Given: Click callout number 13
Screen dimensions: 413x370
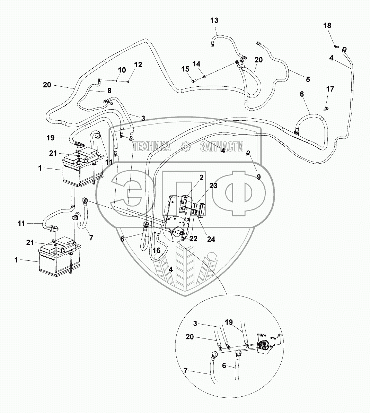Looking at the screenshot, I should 214,20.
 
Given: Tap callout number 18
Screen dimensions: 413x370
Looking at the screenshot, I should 327,26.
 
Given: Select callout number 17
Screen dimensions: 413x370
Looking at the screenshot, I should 330,89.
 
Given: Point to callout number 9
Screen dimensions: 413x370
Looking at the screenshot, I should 259,176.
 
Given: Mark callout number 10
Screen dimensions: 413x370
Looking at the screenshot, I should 122,70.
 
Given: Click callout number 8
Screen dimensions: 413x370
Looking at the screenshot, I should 109,91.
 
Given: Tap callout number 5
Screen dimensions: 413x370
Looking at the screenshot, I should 308,79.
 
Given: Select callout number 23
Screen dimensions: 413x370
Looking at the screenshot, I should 213,186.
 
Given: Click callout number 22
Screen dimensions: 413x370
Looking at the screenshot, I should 193,239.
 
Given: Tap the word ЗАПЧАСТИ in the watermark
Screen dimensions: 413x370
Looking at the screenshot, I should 222,147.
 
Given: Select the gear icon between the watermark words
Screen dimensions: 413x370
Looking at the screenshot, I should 186,147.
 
